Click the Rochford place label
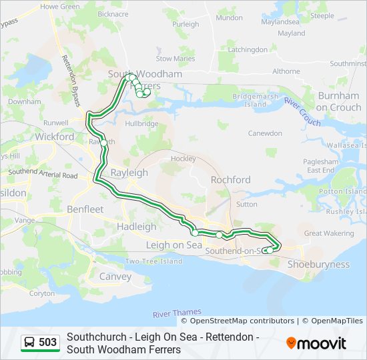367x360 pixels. click(230, 180)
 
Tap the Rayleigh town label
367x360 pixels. click(129, 172)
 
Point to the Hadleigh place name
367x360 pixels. click(136, 227)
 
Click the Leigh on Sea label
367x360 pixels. click(173, 245)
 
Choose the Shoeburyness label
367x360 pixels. click(318, 265)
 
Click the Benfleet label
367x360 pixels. click(85, 209)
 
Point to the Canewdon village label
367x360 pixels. click(265, 133)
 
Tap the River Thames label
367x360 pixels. click(177, 313)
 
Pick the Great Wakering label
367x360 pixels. click(329, 233)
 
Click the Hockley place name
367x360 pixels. click(183, 159)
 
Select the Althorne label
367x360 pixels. click(286, 71)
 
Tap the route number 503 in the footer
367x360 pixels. click(48, 343)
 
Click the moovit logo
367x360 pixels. click(316, 343)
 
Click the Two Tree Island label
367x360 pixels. click(153, 261)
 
